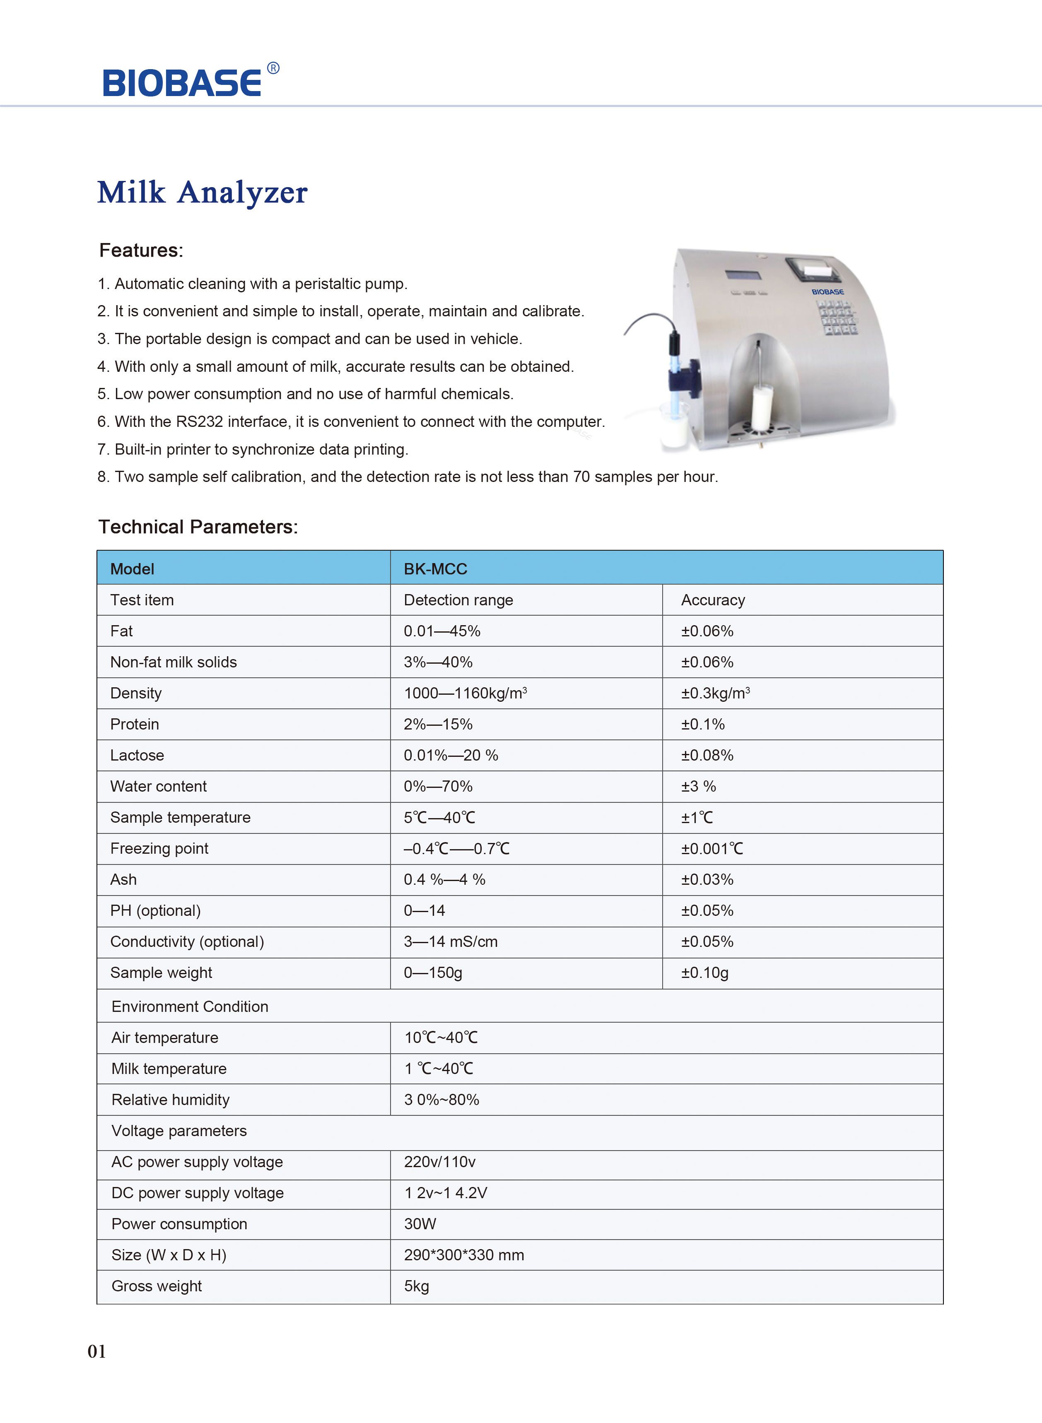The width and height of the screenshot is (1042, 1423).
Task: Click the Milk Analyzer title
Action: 202,192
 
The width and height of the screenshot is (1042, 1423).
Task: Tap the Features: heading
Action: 141,250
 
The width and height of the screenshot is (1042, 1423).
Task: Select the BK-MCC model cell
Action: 435,569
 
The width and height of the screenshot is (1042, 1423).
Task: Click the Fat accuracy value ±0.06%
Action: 707,631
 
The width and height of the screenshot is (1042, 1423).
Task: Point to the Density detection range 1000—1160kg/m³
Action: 465,693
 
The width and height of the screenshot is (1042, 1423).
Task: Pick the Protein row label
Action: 134,725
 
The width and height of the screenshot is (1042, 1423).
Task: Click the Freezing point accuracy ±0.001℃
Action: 712,849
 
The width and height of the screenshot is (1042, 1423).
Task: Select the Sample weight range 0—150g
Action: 433,973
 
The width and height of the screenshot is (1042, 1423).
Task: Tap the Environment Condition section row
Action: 190,1007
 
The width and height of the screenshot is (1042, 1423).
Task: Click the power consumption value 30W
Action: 420,1224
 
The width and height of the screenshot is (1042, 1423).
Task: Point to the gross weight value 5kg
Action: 416,1286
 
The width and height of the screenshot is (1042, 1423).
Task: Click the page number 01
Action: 96,1352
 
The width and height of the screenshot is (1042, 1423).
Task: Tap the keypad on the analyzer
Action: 837,316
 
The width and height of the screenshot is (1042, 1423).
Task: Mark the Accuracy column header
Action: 713,600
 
